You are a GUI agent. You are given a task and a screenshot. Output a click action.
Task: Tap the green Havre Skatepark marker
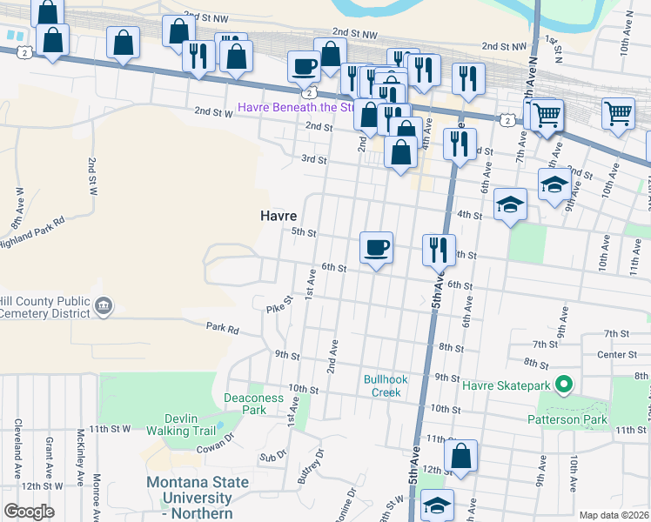[x=564, y=384]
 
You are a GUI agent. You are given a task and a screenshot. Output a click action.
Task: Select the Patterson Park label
[x=566, y=418]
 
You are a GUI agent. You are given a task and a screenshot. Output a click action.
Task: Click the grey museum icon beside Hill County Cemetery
[x=104, y=305]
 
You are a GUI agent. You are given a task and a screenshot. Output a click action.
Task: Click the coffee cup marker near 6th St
[x=376, y=248]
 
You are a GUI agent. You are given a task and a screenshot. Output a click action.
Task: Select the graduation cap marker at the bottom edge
[x=437, y=505]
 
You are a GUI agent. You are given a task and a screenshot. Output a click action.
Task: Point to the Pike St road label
[x=276, y=307]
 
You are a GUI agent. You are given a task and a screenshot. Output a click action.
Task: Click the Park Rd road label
[x=222, y=328]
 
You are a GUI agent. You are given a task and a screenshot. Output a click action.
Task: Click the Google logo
[x=29, y=512]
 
